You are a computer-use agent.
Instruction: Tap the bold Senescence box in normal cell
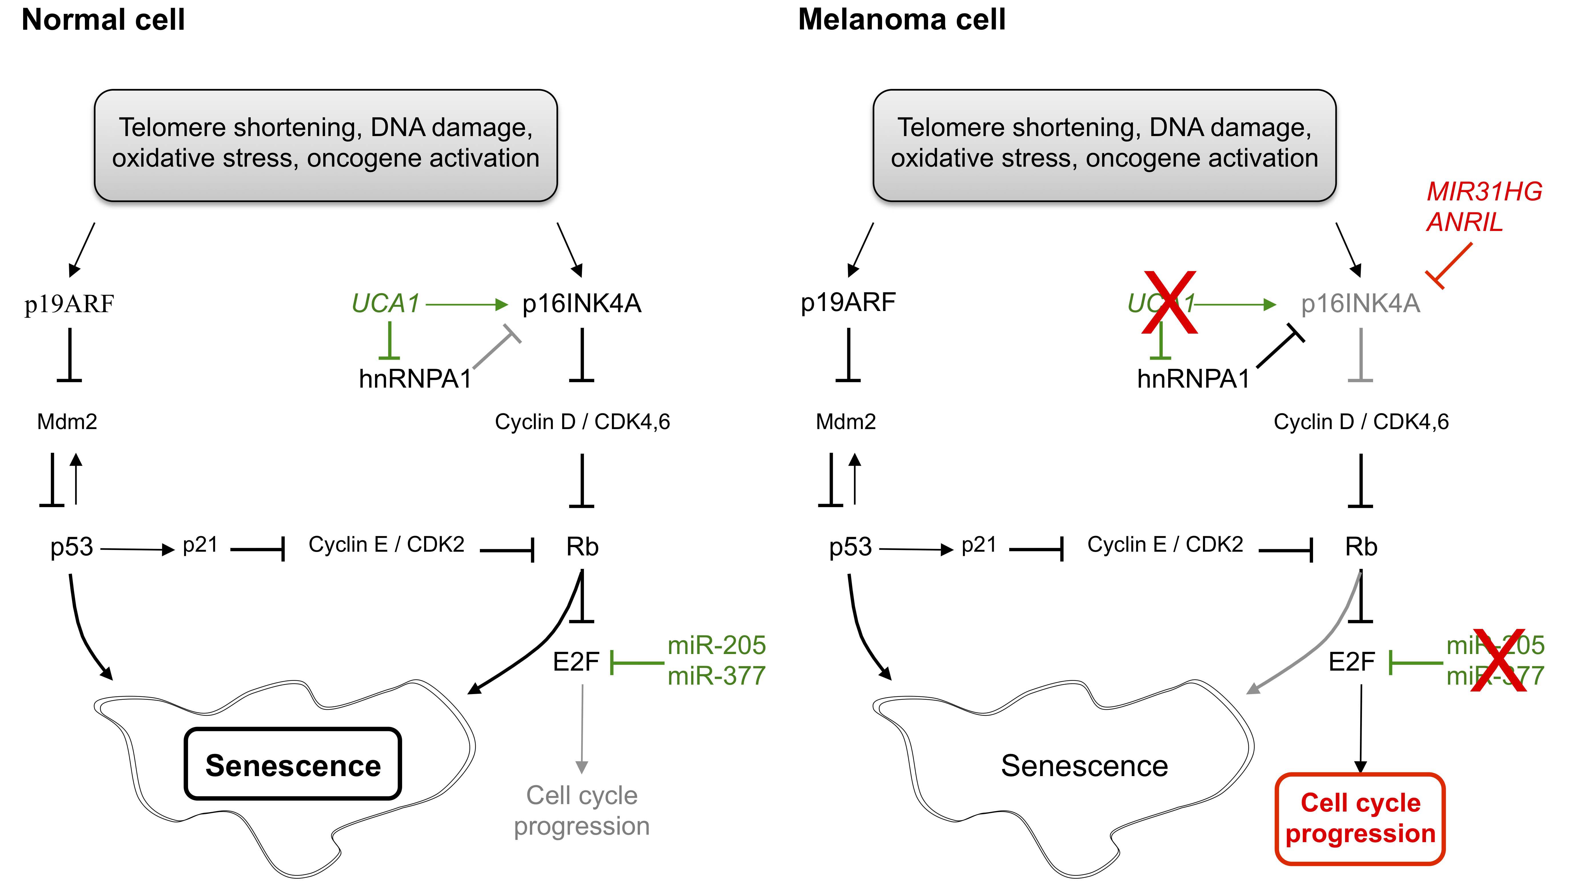(x=293, y=764)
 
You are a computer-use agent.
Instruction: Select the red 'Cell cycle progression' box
(x=1360, y=818)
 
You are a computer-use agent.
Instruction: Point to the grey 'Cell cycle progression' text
(x=582, y=811)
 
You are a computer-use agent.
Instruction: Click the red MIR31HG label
(x=1484, y=192)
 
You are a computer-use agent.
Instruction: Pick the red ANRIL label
(x=1465, y=222)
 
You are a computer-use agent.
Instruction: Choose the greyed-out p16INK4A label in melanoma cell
(x=1360, y=303)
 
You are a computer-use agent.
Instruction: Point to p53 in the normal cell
(x=71, y=547)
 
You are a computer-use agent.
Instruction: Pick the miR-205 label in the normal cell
(x=717, y=645)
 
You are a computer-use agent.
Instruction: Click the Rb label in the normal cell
(x=582, y=547)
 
